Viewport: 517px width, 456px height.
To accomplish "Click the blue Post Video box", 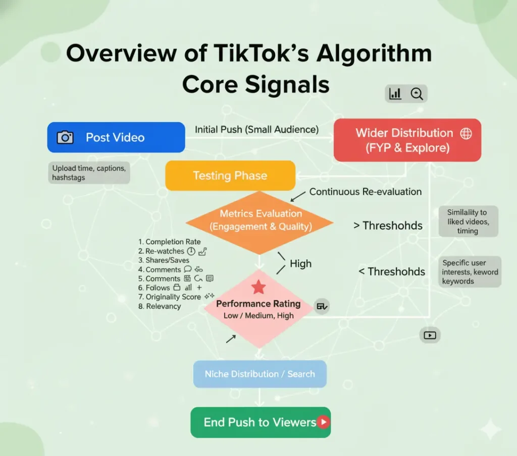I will point(116,137).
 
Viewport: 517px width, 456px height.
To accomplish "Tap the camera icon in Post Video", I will point(65,137).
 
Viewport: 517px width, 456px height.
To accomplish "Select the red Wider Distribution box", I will point(407,140).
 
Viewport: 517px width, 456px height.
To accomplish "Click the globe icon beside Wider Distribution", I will point(466,133).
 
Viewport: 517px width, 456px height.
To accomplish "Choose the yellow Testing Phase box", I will point(230,176).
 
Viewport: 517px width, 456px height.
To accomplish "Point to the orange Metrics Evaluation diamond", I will point(260,220).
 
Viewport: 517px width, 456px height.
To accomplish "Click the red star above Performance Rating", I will point(258,288).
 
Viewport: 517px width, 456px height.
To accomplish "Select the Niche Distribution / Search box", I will point(260,374).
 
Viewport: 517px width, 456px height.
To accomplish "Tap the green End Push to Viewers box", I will point(260,422).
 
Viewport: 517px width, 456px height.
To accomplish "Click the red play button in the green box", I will point(323,422).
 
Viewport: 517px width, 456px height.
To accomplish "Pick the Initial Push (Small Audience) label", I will point(256,130).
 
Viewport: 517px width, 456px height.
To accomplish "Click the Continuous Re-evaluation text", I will point(365,192).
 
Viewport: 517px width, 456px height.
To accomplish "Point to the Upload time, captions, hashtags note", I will point(89,173).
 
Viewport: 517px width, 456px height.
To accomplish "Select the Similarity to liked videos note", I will point(467,221).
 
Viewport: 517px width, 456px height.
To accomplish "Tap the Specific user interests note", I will point(470,272).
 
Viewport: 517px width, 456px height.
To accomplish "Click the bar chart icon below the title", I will point(395,93).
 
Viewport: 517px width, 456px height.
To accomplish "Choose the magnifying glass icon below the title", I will point(417,93).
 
